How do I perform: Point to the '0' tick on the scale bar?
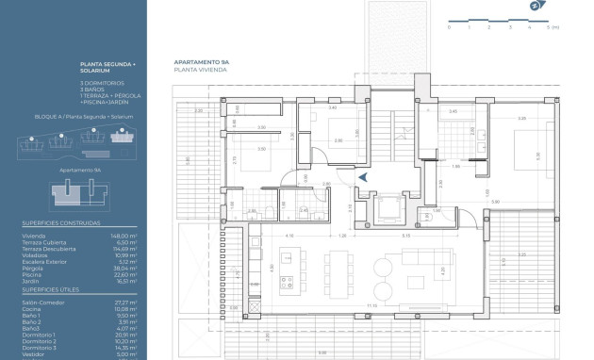click(450, 27)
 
